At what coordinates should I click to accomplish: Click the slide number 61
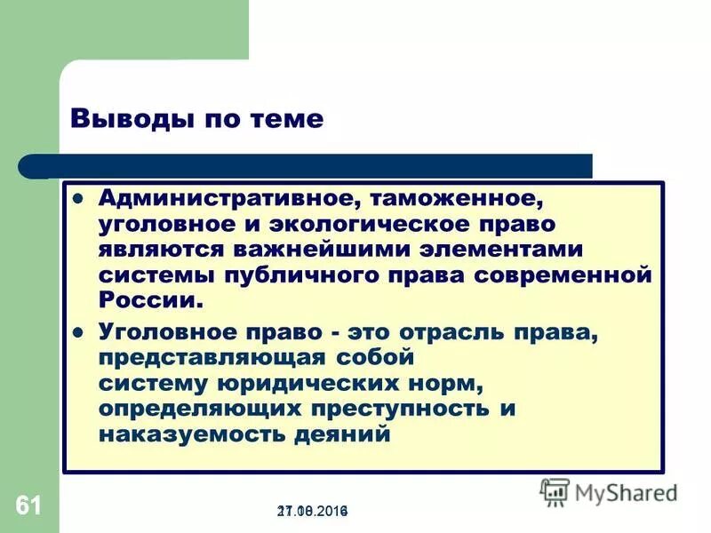(28, 507)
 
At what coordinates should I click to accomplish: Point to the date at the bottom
(313, 512)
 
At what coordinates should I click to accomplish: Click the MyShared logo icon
(555, 491)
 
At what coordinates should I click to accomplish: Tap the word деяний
(346, 435)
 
